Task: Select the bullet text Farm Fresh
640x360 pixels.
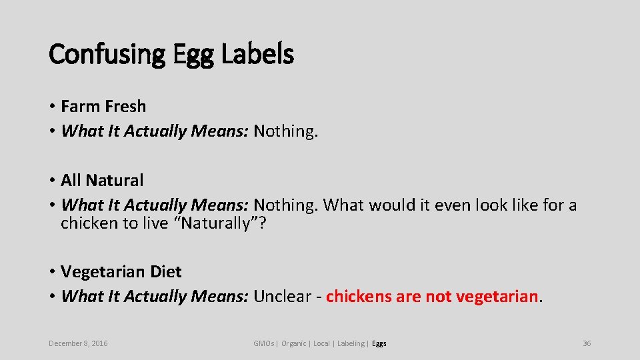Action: point(103,106)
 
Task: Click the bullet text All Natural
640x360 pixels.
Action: point(102,180)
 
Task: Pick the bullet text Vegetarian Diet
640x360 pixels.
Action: point(121,271)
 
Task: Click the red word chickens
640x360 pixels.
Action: point(359,296)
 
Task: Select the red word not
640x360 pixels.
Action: point(438,296)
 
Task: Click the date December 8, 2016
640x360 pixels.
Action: point(78,343)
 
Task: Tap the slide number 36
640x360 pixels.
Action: point(587,343)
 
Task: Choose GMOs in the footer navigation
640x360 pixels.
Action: point(264,343)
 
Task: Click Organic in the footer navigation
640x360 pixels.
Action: point(294,343)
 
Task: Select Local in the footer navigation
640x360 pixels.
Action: point(321,343)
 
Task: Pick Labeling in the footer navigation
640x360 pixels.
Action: point(351,343)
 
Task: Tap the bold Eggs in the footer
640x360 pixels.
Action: point(379,343)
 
